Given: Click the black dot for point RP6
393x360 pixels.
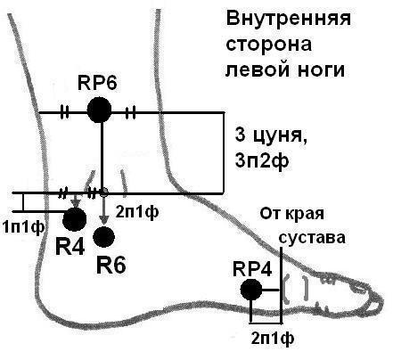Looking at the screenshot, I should (x=100, y=111).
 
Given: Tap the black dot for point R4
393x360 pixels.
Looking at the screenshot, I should (x=74, y=219).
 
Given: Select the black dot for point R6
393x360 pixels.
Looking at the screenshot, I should (x=104, y=237).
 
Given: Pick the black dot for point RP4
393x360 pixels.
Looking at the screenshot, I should (x=252, y=290).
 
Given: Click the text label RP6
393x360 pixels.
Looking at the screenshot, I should (x=98, y=84).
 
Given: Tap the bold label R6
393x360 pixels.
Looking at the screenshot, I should (x=111, y=264).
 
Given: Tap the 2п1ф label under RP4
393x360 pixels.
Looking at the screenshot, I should (x=270, y=339).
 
